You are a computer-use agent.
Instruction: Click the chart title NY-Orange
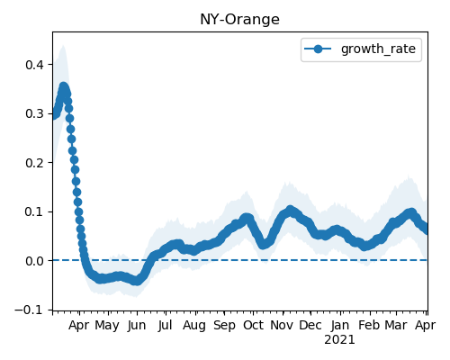pyautogui.click(x=239, y=20)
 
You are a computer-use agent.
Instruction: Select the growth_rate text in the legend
pyautogui.click(x=378, y=49)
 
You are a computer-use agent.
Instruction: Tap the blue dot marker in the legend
pyautogui.click(x=318, y=49)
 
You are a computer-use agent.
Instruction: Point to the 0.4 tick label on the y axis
pyautogui.click(x=35, y=65)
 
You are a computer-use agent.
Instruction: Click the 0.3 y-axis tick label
pyautogui.click(x=35, y=114)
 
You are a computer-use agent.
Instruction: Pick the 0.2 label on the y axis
pyautogui.click(x=35, y=163)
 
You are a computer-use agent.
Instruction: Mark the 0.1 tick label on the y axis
pyautogui.click(x=35, y=212)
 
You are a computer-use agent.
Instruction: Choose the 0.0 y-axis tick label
pyautogui.click(x=35, y=261)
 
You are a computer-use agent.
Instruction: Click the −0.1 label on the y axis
pyautogui.click(x=30, y=310)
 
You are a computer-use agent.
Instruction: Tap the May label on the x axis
pyautogui.click(x=107, y=325)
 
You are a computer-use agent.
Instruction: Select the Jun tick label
pyautogui.click(x=137, y=325)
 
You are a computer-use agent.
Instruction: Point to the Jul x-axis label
pyautogui.click(x=166, y=325)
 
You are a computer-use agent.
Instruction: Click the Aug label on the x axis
pyautogui.click(x=194, y=325)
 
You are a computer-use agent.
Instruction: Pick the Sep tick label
pyautogui.click(x=224, y=325)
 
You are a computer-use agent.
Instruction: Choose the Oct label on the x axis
pyautogui.click(x=253, y=325)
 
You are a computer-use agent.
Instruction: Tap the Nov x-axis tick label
pyautogui.click(x=282, y=325)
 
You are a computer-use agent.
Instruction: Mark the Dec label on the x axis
pyautogui.click(x=310, y=325)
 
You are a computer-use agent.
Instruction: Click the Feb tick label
pyautogui.click(x=369, y=325)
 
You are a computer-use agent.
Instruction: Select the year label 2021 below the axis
pyautogui.click(x=339, y=340)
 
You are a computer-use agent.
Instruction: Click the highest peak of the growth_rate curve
pyautogui.click(x=63, y=87)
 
